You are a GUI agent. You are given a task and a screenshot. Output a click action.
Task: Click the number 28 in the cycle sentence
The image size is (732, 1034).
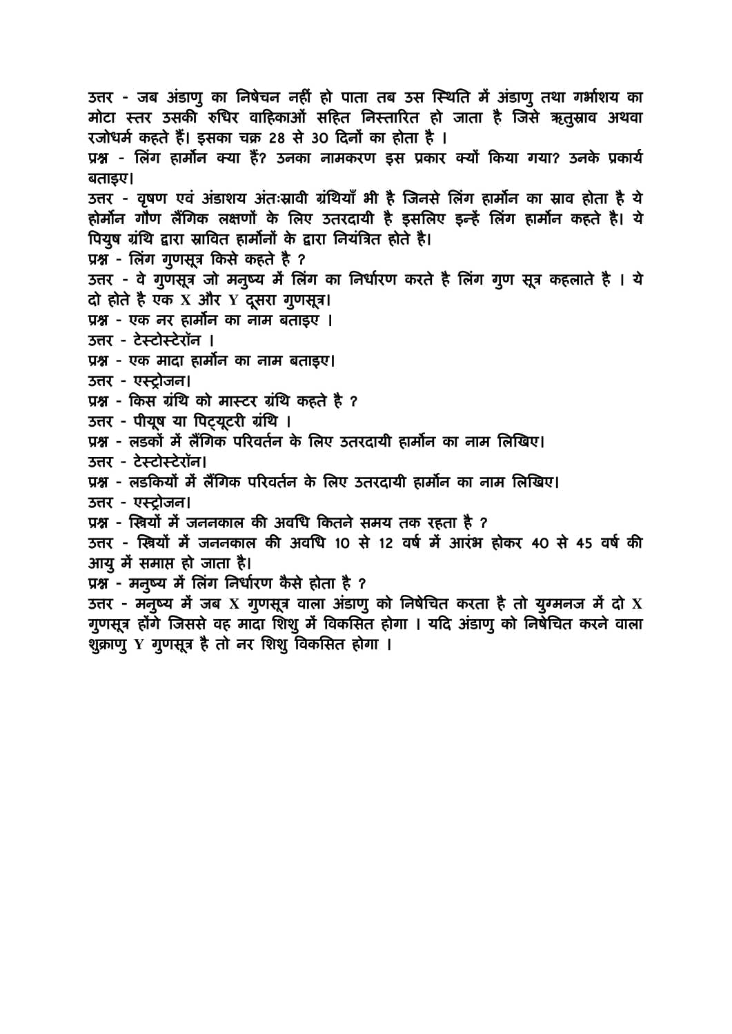[277, 138]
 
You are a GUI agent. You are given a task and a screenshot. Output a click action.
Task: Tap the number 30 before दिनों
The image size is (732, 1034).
[319, 138]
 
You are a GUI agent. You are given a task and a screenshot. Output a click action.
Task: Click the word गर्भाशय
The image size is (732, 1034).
[596, 97]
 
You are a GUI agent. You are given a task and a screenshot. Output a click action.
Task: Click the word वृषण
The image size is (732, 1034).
[152, 199]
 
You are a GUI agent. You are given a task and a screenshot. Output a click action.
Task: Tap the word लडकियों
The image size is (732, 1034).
[153, 482]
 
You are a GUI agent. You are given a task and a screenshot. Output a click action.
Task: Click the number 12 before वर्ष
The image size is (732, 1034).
[385, 543]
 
